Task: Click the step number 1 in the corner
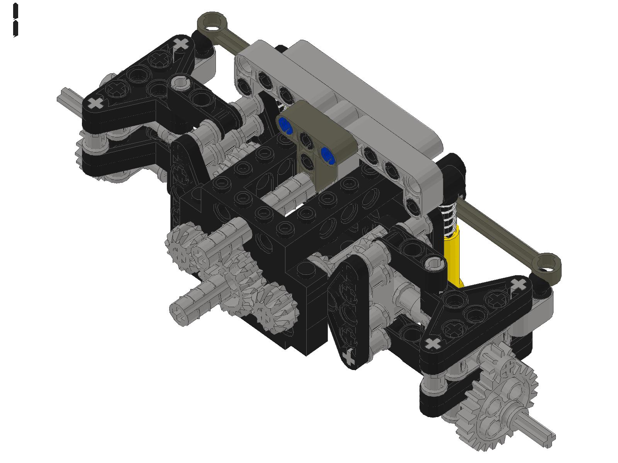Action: coord(15,20)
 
